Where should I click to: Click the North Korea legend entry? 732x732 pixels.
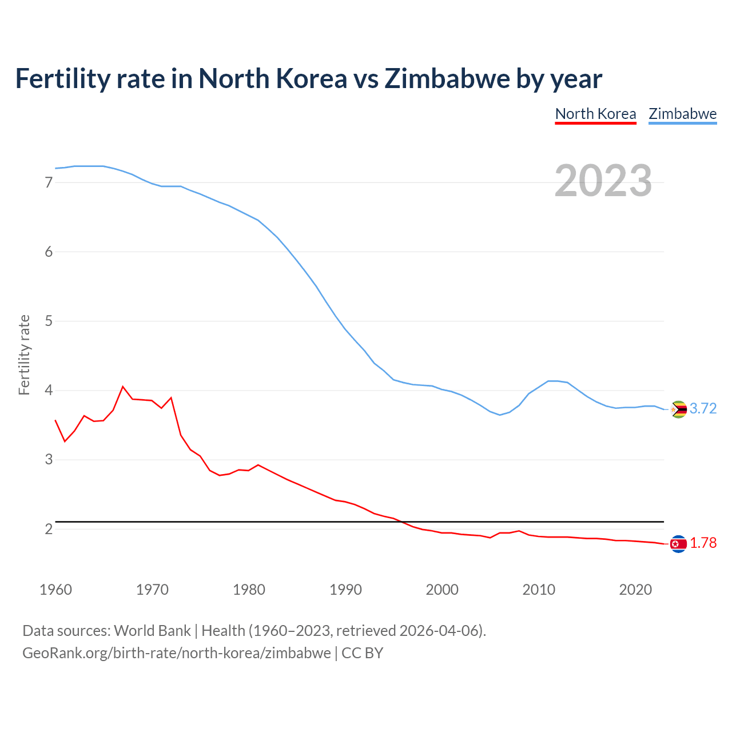(595, 114)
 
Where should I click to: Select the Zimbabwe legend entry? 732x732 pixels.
(682, 114)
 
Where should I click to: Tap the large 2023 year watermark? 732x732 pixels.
(603, 181)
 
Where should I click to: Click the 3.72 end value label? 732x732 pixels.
(703, 408)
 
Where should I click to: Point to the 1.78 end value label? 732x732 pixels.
(703, 543)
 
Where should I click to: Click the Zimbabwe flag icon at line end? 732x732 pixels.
(678, 409)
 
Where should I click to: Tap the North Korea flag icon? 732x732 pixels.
(678, 544)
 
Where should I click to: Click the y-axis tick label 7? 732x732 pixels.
(49, 182)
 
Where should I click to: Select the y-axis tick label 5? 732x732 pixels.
(49, 321)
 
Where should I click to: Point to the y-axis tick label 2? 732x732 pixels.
(49, 529)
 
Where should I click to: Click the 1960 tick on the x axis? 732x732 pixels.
(55, 590)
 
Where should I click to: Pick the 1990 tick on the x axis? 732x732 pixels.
(345, 590)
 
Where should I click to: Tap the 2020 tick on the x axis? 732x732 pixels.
(635, 590)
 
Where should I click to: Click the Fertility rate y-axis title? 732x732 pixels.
(24, 355)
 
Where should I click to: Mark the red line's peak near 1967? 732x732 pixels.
(122, 387)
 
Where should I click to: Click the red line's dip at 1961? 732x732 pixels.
(65, 441)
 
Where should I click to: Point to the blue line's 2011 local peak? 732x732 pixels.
(549, 381)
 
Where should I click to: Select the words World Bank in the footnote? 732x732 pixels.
(152, 631)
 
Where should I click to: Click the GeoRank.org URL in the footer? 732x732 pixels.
(176, 653)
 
